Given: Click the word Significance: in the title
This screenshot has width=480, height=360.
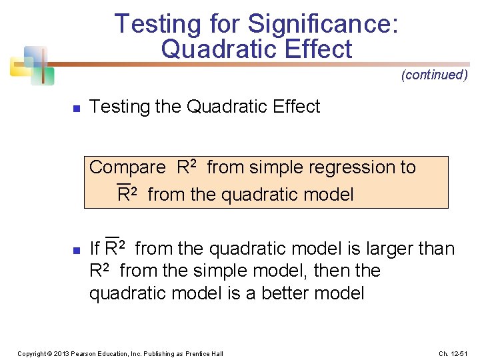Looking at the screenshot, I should click(323, 24).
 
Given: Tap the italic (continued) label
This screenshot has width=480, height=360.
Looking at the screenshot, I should click(434, 75).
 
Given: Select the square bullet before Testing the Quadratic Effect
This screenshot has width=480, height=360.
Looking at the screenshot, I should click(77, 108).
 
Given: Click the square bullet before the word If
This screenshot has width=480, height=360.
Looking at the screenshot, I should click(77, 251).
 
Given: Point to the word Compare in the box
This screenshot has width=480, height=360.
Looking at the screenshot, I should click(127, 167).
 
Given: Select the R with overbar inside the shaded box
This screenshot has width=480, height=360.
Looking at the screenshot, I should click(123, 194).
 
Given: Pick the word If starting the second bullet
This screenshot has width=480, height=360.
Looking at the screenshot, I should click(94, 249).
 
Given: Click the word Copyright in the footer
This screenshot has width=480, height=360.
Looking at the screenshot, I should click(31, 353).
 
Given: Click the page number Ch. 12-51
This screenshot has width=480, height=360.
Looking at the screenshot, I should click(454, 353).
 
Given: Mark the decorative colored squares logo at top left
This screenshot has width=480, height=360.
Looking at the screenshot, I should click(29, 64).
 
